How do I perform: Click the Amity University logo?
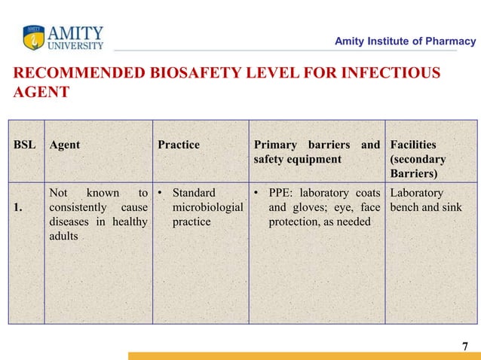(63, 37)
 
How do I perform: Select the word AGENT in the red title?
(41, 92)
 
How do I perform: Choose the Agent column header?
(65, 145)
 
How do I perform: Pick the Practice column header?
(179, 145)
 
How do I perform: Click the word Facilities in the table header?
(413, 145)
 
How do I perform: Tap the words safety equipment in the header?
(297, 160)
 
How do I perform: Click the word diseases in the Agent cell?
(73, 222)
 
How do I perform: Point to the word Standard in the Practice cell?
(194, 194)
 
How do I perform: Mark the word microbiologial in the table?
(208, 208)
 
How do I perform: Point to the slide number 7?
(464, 346)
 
